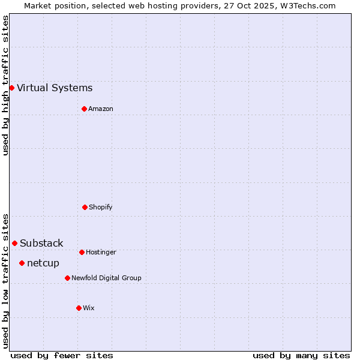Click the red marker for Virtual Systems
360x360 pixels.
(x=11, y=88)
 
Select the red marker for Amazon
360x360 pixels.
(x=84, y=109)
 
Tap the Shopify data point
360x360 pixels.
(x=85, y=207)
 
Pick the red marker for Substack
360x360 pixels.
(x=14, y=243)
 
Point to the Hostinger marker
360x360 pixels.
(x=82, y=252)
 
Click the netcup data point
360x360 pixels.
(x=22, y=263)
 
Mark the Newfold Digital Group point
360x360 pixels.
(x=67, y=278)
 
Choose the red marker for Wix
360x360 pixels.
(x=79, y=308)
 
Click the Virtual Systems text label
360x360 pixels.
(x=55, y=88)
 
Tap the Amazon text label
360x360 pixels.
(x=101, y=109)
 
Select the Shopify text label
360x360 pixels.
(x=101, y=208)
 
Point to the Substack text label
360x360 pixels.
(x=41, y=244)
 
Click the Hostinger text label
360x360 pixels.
(x=101, y=253)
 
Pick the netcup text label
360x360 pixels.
(x=43, y=263)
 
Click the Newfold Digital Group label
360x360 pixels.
(x=106, y=278)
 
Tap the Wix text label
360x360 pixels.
(x=89, y=308)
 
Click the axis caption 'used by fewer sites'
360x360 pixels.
(x=62, y=355)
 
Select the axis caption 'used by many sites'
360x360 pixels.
(x=301, y=355)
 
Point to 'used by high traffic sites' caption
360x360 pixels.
(x=5, y=85)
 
